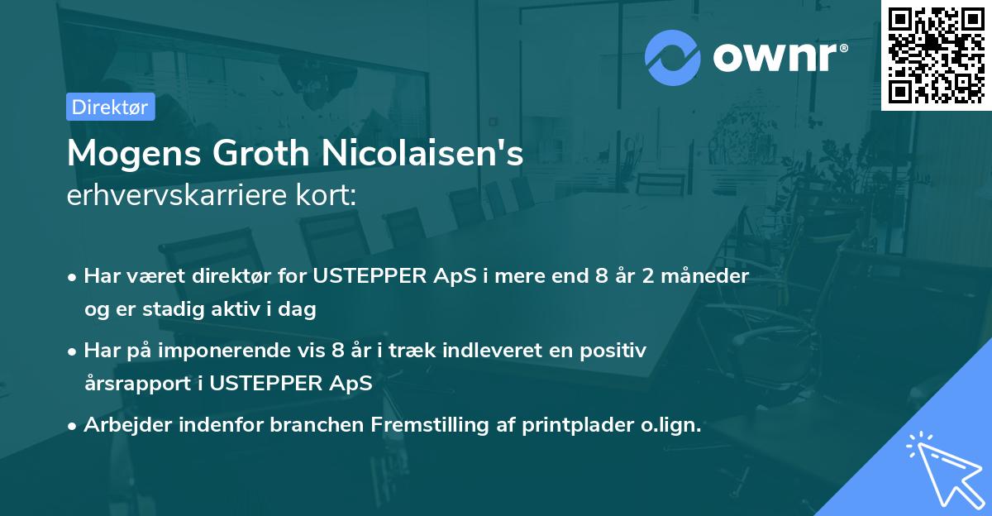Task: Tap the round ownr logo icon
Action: [671, 58]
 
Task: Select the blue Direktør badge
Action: [110, 107]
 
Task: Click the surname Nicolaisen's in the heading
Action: [427, 155]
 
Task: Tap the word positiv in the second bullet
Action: [617, 351]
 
